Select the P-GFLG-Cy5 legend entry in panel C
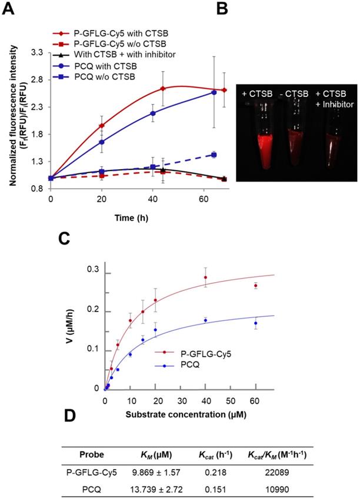[192, 354]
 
